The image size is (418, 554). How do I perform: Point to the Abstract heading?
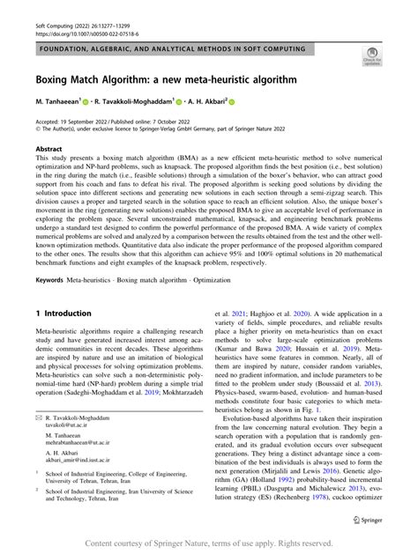coord(49,150)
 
